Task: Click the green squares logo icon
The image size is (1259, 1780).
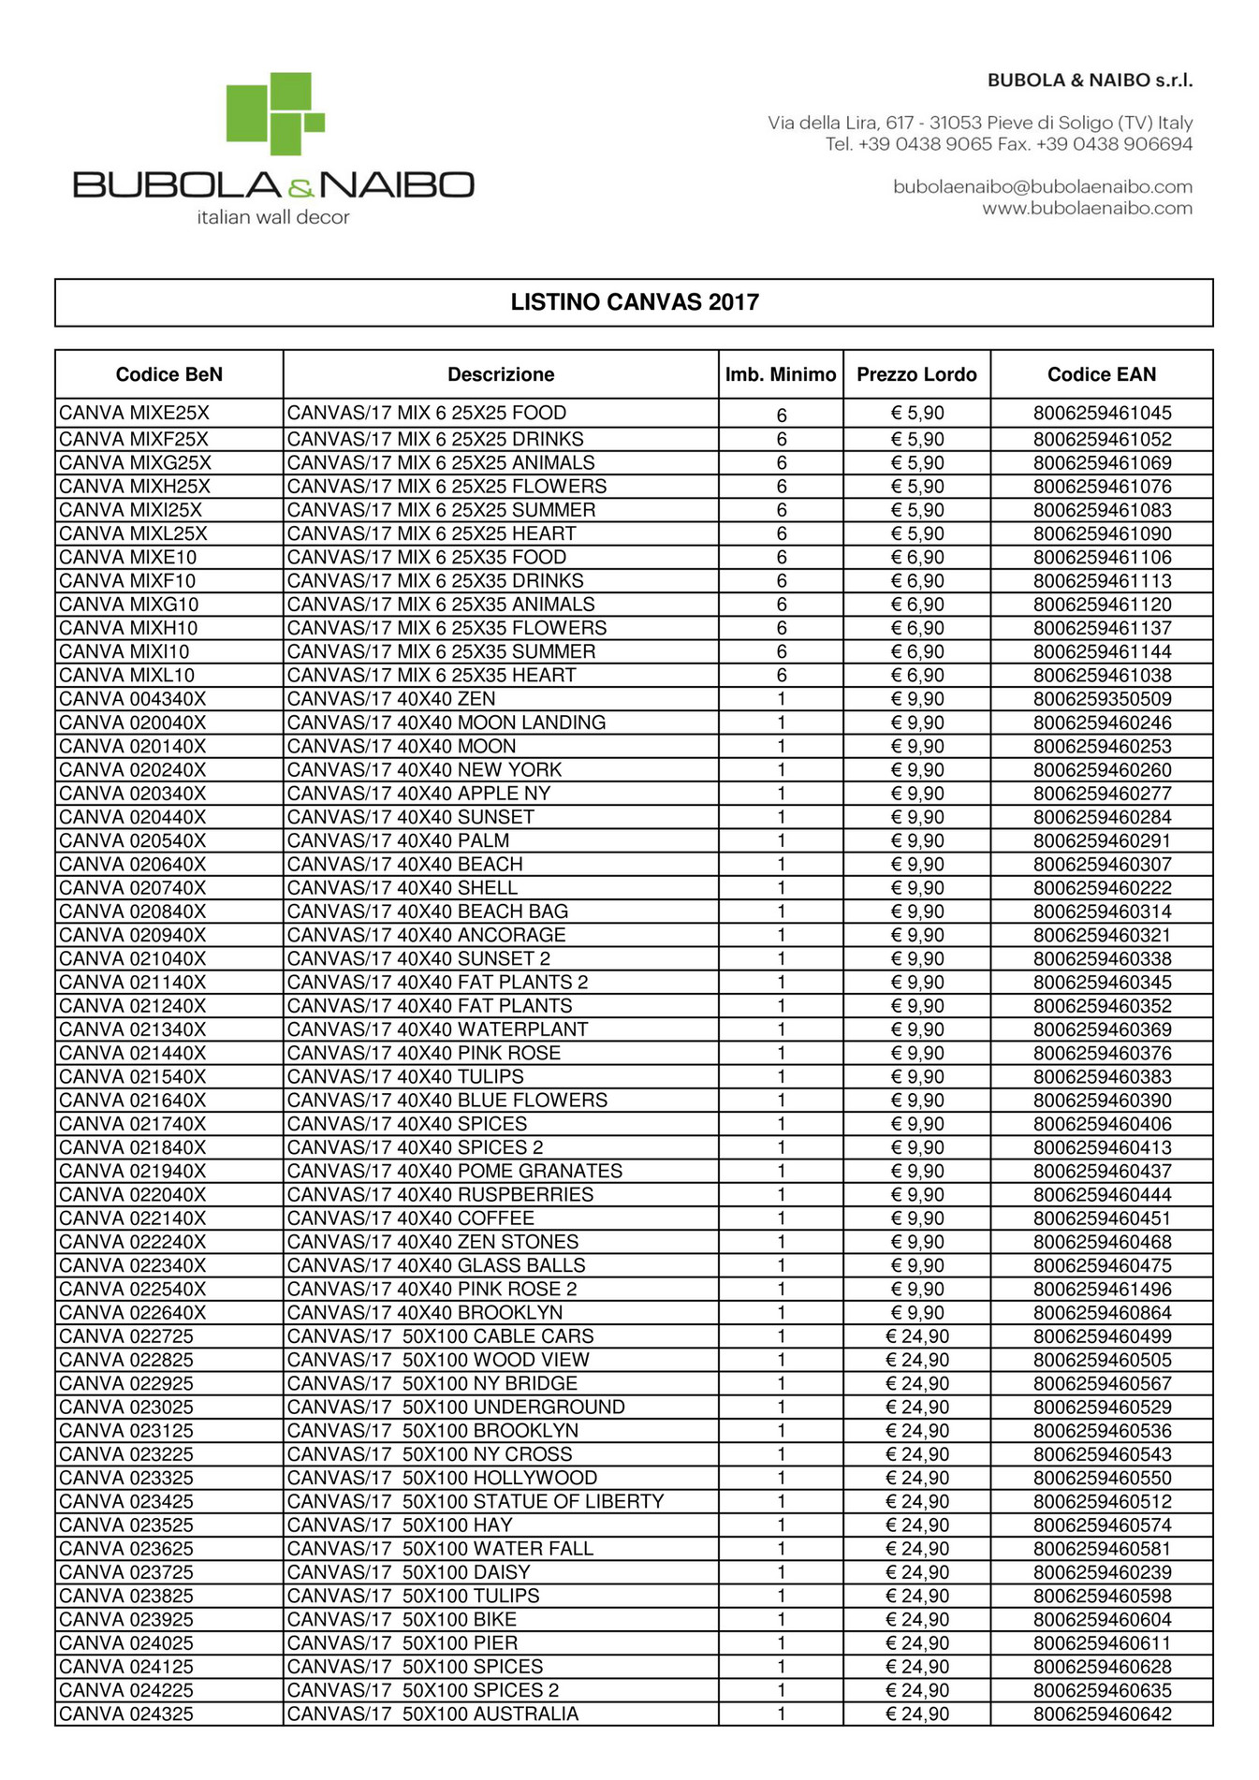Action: click(x=275, y=113)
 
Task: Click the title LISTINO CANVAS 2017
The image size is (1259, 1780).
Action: click(x=634, y=302)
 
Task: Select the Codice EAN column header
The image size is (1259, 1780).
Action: click(x=1101, y=374)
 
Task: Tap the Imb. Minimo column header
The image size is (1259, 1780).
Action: click(x=780, y=374)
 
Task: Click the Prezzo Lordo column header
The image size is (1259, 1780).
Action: click(x=915, y=374)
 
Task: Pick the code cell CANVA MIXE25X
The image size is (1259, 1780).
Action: click(x=134, y=413)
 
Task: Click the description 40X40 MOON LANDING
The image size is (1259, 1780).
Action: click(x=446, y=722)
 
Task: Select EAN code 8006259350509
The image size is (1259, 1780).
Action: click(x=1102, y=699)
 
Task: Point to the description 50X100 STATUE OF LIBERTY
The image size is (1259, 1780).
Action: click(x=475, y=1501)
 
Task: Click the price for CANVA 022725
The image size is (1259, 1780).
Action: click(x=916, y=1336)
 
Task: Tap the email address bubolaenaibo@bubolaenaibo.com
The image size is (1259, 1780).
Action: click(x=1042, y=186)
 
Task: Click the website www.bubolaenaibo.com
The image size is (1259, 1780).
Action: click(x=1087, y=208)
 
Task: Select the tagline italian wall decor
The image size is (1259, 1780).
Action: click(x=272, y=217)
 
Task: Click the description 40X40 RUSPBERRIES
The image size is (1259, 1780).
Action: click(x=440, y=1194)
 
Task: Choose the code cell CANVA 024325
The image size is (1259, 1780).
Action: click(x=126, y=1714)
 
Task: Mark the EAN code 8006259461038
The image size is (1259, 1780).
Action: click(x=1102, y=675)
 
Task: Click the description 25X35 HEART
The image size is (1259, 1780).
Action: click(x=431, y=675)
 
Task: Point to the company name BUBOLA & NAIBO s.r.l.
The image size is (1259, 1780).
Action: click(x=1090, y=80)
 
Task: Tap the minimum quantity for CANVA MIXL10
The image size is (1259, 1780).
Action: click(x=781, y=675)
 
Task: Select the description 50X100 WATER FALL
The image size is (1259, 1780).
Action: click(x=440, y=1548)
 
